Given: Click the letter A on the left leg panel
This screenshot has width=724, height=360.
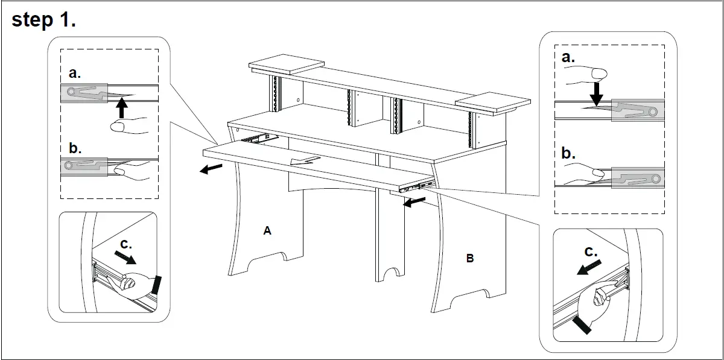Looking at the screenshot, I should pos(267,230).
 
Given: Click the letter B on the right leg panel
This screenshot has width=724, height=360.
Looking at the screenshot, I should pos(469,259).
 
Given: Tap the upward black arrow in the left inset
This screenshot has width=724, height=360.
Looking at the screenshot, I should pos(122,109).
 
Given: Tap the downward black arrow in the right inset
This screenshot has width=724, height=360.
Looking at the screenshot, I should pos(596,94).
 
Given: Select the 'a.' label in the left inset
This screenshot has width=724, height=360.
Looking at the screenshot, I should pos(75,74).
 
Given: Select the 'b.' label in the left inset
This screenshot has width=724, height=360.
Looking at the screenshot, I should pos(75,148).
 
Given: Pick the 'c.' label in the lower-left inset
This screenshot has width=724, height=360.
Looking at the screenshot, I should pos(125,244).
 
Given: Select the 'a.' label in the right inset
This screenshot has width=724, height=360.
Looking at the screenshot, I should pos(568,57).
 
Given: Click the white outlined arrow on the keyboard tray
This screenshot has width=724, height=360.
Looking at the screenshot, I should pos(302,160).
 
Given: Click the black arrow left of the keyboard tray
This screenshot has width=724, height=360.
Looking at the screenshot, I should pos(211,169).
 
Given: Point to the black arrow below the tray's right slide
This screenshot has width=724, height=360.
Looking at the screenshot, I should pos(414,203).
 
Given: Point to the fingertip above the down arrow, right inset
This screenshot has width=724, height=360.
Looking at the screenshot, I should pos(597,74).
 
